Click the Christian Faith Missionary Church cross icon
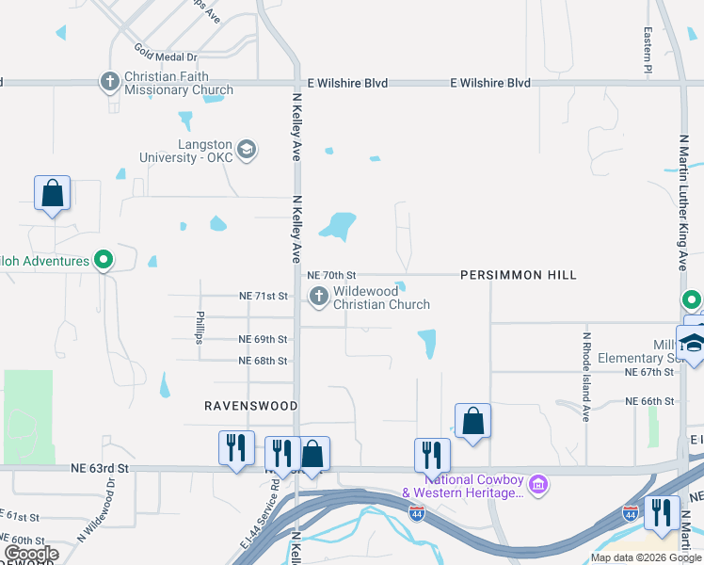pyautogui.click(x=110, y=82)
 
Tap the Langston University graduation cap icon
pyautogui.click(x=246, y=150)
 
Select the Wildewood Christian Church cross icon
pyautogui.click(x=318, y=298)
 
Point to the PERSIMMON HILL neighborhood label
pyautogui.click(x=518, y=275)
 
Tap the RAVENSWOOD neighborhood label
pyautogui.click(x=251, y=406)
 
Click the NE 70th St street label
pyautogui.click(x=331, y=275)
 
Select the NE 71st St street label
pyautogui.click(x=263, y=296)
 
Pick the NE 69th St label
pyautogui.click(x=263, y=339)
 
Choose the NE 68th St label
pyautogui.click(x=263, y=361)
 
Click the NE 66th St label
pyautogui.click(x=649, y=401)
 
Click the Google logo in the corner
pyautogui.click(x=31, y=554)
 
